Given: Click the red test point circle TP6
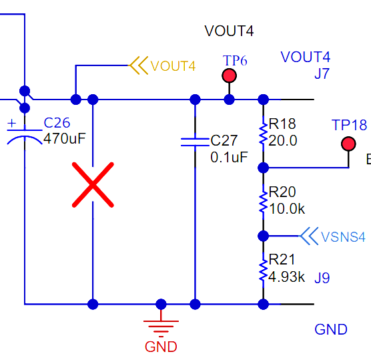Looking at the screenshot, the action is click(229, 75).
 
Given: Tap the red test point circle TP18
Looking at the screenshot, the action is click(348, 144).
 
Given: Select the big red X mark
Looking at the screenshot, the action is click(93, 185).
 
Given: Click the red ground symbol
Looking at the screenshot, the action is click(161, 327).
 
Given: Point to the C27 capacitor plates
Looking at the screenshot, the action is click(195, 142).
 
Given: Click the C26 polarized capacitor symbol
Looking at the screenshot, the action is click(25, 137).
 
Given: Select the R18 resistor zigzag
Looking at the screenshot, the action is click(263, 134).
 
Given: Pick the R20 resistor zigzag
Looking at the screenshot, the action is click(263, 202).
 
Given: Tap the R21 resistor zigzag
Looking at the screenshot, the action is click(263, 270).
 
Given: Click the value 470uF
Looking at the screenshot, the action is click(65, 138).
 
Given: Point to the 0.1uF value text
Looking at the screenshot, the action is click(229, 157).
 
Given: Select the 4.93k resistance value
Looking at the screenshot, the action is click(286, 277).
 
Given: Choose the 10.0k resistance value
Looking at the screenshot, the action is click(287, 208).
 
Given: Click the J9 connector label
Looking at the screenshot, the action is click(322, 278).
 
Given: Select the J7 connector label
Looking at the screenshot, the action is click(322, 73).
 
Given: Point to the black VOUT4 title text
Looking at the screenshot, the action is click(229, 31).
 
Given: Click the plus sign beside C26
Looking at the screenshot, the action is click(11, 123).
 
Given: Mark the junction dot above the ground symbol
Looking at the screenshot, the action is click(161, 304).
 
